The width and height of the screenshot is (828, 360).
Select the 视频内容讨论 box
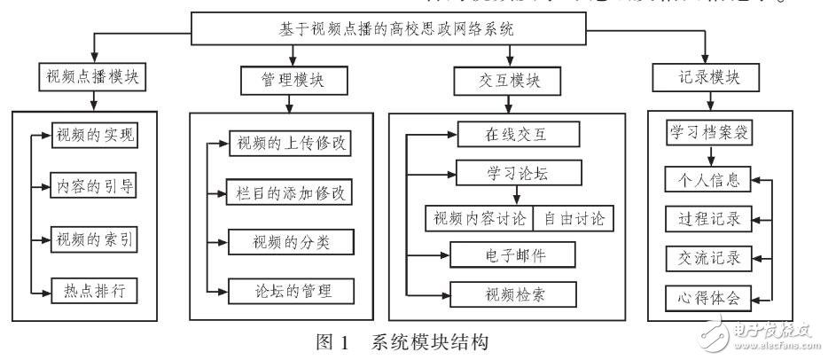point(480,215)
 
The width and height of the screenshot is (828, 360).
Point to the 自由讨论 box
point(576,215)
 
